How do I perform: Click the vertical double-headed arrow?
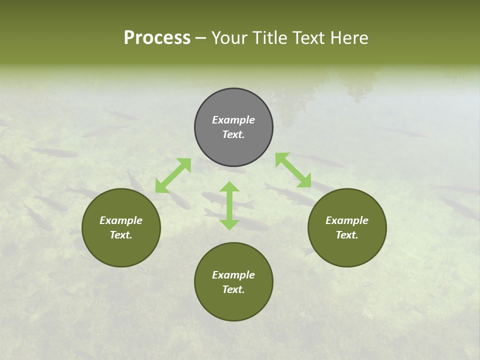click(229, 206)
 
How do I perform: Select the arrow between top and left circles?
click(173, 175)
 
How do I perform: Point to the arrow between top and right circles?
click(293, 170)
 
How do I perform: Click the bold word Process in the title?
click(157, 38)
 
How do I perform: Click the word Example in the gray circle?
click(233, 120)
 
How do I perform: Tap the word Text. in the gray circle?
click(233, 134)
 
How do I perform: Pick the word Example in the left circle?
click(121, 220)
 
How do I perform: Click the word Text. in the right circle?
click(347, 235)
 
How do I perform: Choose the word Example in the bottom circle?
click(233, 275)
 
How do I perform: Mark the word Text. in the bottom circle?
click(233, 289)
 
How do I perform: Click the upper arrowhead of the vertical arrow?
click(229, 187)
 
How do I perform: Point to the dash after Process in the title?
click(200, 38)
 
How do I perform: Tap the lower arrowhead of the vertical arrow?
click(229, 224)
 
